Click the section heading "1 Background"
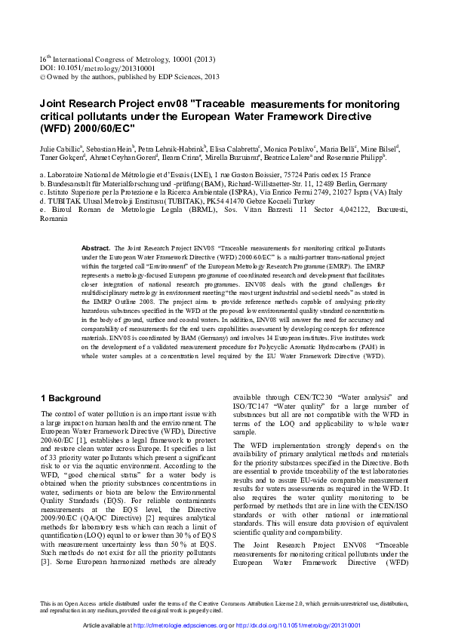coord(69,397)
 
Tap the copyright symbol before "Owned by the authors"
coord(42,76)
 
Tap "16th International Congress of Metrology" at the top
coord(98,60)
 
